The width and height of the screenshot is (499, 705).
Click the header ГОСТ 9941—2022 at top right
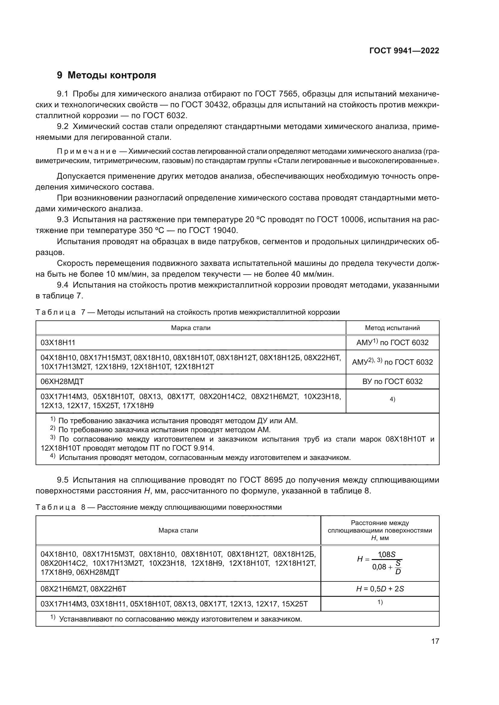[404, 51]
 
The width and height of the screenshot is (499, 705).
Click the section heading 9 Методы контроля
[106, 75]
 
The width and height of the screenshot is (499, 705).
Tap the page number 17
[435, 641]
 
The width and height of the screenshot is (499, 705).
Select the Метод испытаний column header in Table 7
[392, 328]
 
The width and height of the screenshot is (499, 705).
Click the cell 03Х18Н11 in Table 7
[58, 343]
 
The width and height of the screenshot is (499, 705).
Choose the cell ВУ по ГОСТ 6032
[392, 381]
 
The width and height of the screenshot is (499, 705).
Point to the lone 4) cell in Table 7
[392, 399]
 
